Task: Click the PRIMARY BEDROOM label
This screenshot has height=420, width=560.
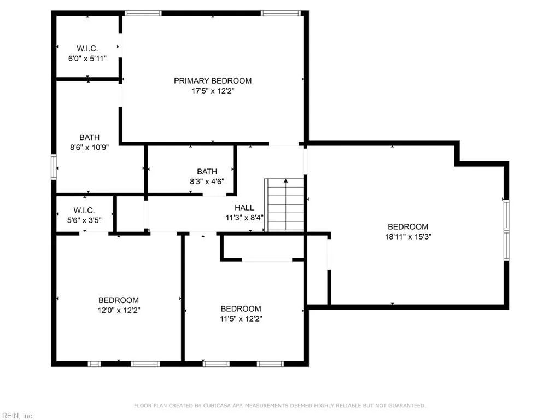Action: click(213, 81)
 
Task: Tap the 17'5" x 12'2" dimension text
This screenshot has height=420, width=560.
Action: click(213, 91)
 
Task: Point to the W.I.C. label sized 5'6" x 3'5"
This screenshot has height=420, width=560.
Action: click(84, 211)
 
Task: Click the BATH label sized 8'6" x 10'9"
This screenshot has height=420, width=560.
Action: click(89, 137)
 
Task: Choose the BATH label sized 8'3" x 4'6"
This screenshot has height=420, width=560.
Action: click(207, 171)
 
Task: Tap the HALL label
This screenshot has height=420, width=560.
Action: click(244, 207)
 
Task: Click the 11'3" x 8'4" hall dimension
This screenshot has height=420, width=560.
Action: click(244, 217)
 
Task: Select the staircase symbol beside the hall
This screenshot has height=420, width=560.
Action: click(284, 205)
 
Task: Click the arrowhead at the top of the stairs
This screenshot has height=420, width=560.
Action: click(285, 180)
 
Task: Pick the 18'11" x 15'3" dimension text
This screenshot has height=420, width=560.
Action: click(407, 237)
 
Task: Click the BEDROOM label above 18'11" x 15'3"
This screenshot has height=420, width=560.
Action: click(407, 226)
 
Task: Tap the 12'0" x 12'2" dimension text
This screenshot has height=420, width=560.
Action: click(118, 310)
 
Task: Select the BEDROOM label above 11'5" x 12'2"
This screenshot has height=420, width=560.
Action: click(241, 308)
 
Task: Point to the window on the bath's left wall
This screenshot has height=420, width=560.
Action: click(54, 167)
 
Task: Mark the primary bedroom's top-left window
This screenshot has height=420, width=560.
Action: click(143, 13)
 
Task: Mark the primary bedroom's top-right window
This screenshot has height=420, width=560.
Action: click(281, 13)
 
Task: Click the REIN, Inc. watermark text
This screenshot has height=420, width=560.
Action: click(17, 416)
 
